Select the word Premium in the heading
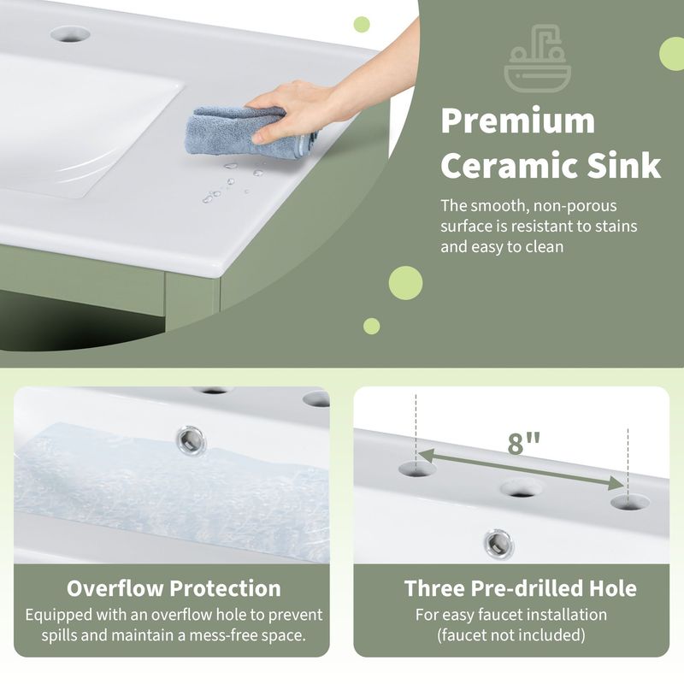coord(517,121)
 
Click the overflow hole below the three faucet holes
coord(498,542)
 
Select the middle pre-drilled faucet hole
coord(522,489)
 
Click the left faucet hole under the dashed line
coord(417,468)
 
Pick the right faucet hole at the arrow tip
coord(627,503)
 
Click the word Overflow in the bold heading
coord(115,588)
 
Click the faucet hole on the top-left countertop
coord(69,34)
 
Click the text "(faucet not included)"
coord(511,635)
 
